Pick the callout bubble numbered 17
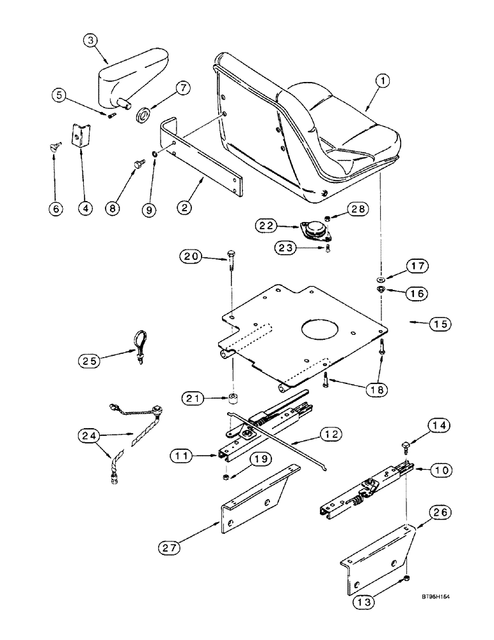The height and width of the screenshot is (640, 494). pos(417,266)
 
